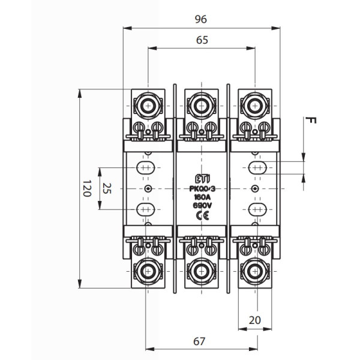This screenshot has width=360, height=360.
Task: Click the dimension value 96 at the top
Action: (200, 19)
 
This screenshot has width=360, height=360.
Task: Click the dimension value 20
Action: (256, 320)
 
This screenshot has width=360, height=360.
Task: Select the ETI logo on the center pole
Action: (200, 178)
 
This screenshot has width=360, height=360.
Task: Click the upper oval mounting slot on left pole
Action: (146, 167)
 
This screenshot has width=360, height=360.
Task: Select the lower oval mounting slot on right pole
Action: (256, 209)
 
